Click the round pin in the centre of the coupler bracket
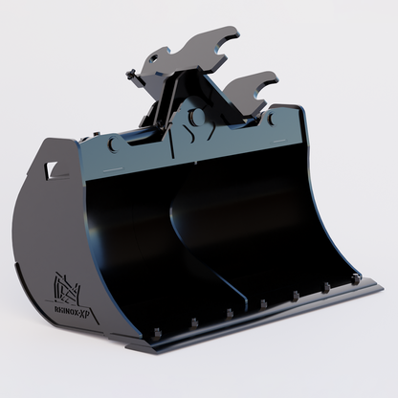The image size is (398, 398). pos(197,117)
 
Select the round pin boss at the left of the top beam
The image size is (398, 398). pos(114,144)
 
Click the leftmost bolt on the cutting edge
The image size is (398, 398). pos(153,332)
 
